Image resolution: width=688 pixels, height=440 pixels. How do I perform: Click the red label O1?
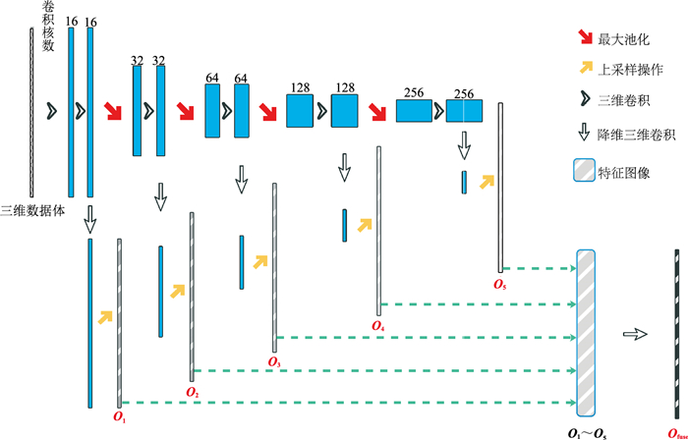pyautogui.click(x=120, y=417)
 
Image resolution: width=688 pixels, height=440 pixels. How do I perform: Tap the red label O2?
pyautogui.click(x=192, y=392)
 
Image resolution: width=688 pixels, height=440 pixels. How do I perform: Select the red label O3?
pyautogui.click(x=274, y=361)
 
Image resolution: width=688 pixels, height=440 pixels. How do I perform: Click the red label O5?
pyautogui.click(x=501, y=285)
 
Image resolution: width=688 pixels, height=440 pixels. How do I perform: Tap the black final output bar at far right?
pyautogui.click(x=676, y=333)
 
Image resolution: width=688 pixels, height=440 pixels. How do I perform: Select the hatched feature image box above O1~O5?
pyautogui.click(x=586, y=334)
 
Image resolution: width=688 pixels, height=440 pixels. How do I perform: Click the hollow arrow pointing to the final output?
pyautogui.click(x=638, y=334)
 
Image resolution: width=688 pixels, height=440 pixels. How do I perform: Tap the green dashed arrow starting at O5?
pyautogui.click(x=541, y=267)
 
